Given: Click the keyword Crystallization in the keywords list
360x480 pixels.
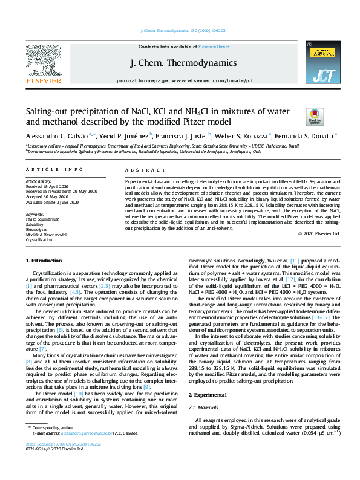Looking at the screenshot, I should [x=39, y=240].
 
